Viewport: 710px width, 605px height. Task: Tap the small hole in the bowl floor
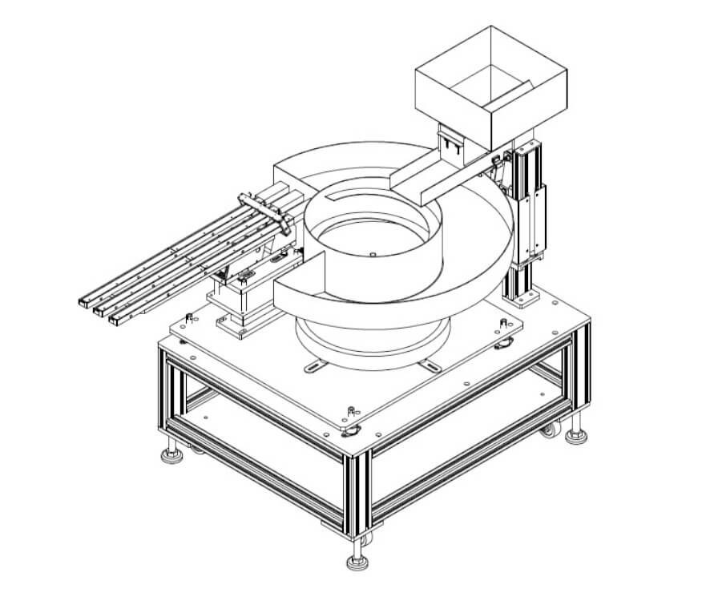tap(373, 255)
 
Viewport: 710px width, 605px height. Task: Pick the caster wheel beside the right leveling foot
tap(549, 430)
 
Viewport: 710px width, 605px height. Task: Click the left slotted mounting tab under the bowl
tap(316, 367)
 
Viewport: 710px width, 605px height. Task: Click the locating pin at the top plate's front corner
tap(350, 413)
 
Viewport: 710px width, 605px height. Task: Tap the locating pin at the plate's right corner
tap(502, 323)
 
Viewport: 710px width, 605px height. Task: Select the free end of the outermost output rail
tap(118, 319)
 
